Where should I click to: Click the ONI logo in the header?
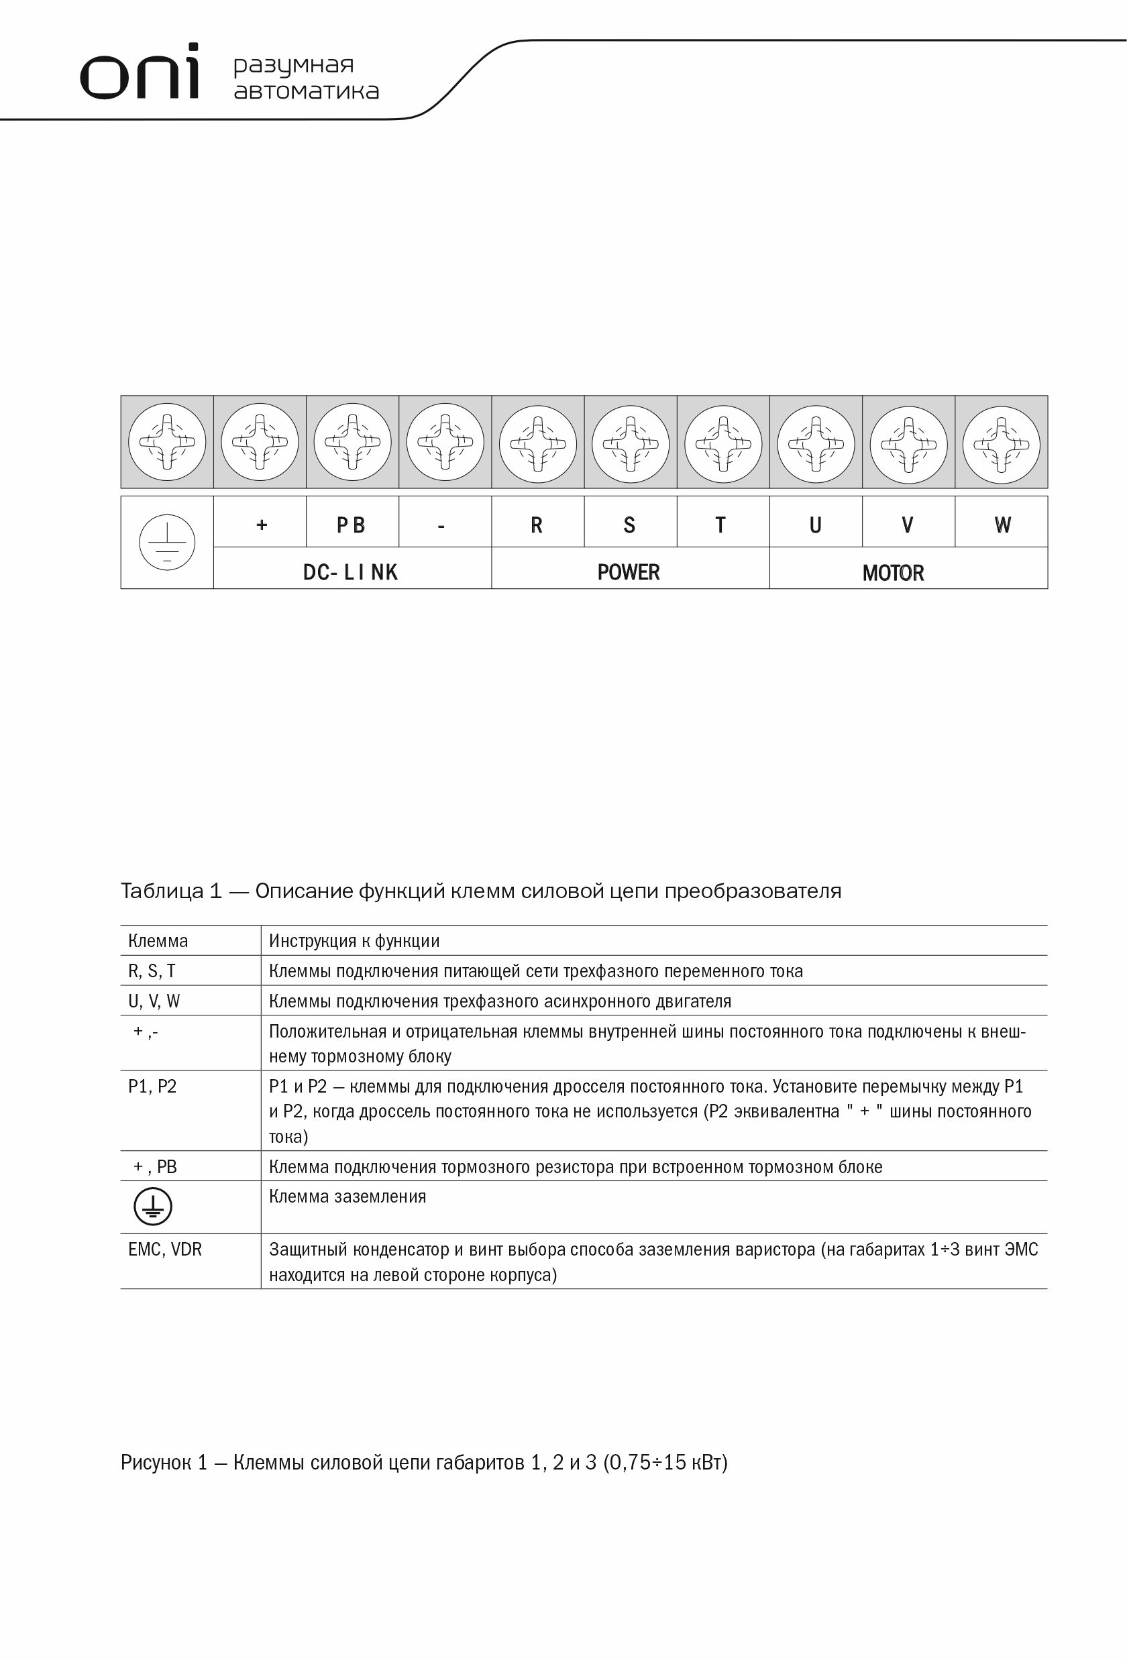[x=140, y=72]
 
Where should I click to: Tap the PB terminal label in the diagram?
[x=351, y=526]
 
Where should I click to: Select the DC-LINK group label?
[x=350, y=572]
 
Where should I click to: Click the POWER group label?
[x=629, y=572]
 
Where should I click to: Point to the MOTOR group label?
[x=893, y=573]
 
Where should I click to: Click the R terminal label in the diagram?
[x=537, y=526]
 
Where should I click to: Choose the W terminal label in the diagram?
[x=1002, y=526]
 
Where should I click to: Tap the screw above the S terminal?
[x=630, y=444]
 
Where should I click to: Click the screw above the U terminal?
[x=816, y=444]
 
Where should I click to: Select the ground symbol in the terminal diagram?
[x=166, y=543]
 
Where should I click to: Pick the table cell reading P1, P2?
[x=152, y=1087]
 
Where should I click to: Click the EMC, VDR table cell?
[x=165, y=1250]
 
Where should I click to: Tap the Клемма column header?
[x=158, y=941]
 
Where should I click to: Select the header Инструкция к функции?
[x=354, y=941]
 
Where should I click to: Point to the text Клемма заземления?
[x=347, y=1197]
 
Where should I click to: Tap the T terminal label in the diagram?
[x=720, y=526]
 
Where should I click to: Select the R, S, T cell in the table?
[x=152, y=971]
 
